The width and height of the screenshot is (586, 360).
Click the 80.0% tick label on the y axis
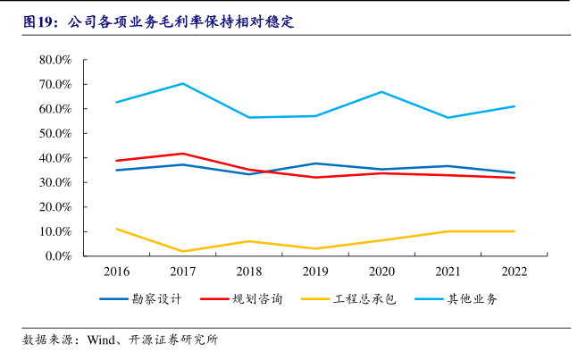[55, 60]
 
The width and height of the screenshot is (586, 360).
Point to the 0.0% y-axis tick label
[58, 256]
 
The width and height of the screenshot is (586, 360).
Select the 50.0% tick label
[55, 133]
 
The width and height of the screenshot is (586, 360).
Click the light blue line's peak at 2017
[182, 84]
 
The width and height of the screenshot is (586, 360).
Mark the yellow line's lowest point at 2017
[182, 251]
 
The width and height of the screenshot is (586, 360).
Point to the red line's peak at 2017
[182, 154]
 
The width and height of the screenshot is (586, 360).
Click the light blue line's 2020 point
[381, 92]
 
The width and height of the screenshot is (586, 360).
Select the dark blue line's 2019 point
[315, 163]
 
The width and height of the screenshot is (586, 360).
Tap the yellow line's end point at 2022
[515, 231]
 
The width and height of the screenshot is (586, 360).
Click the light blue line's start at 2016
[116, 102]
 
